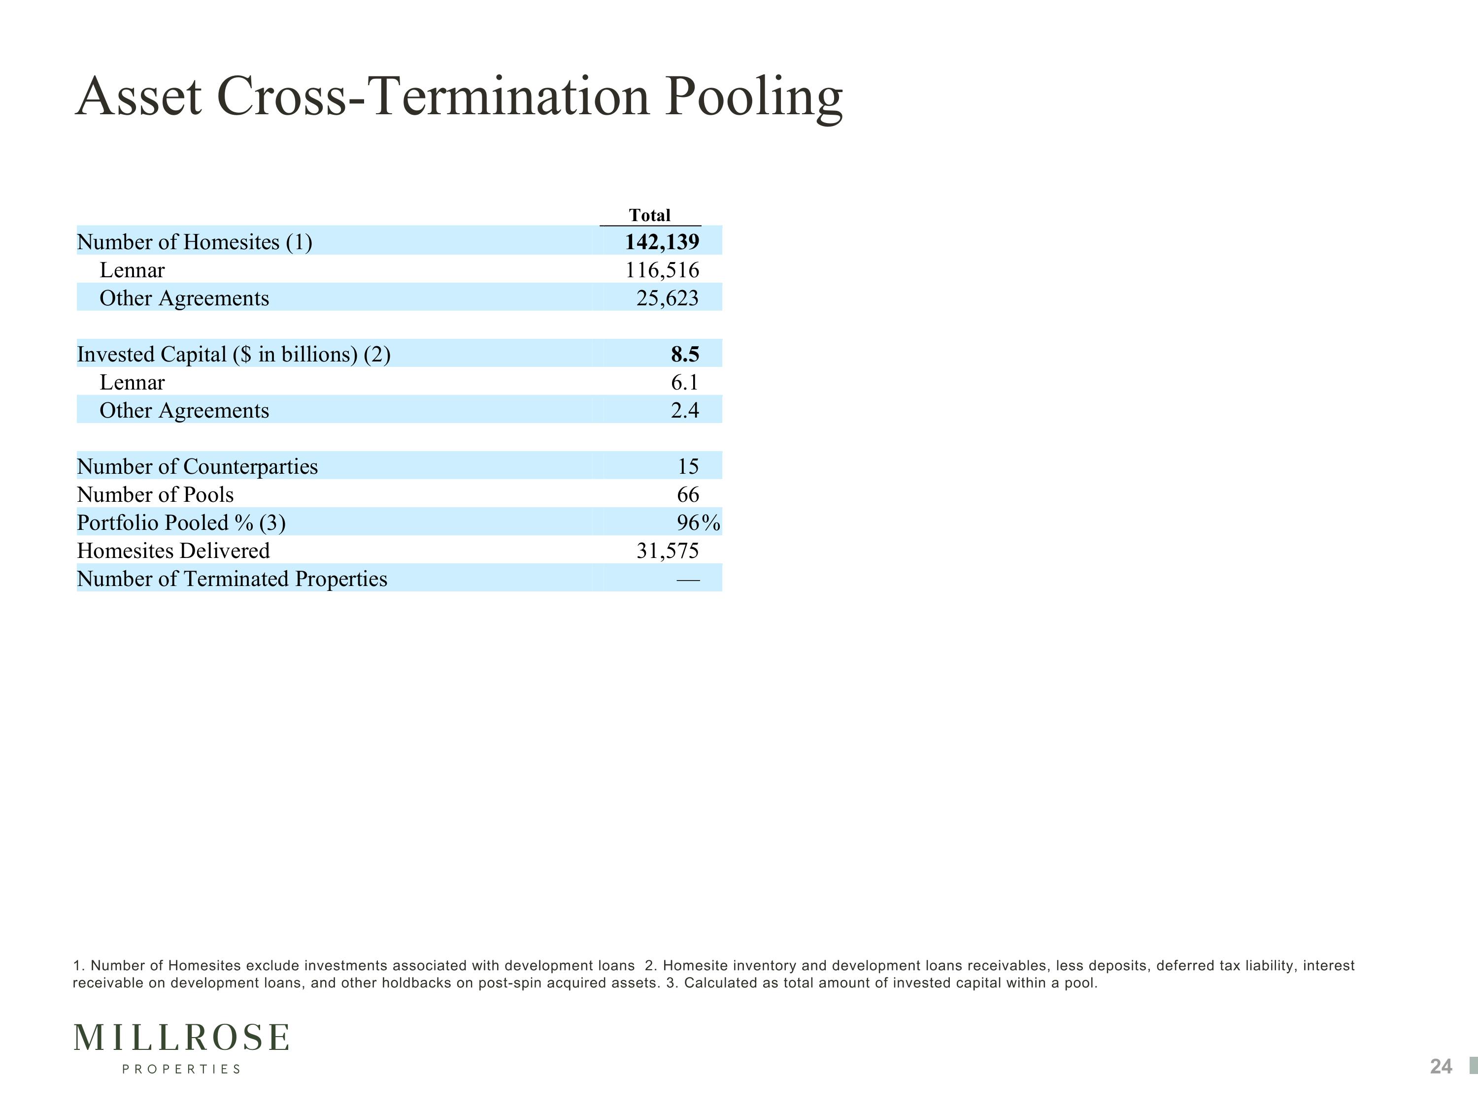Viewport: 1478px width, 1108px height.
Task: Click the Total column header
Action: point(649,215)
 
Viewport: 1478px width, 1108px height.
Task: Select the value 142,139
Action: point(662,242)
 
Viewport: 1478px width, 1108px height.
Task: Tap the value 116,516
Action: point(662,270)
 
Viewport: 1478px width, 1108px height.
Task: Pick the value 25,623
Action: point(668,298)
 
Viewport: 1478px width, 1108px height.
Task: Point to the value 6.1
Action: point(685,382)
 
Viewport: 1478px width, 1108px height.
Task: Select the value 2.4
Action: point(685,410)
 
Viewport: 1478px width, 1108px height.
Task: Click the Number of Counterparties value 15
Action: point(688,466)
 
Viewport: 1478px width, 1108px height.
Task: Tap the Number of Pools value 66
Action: point(688,494)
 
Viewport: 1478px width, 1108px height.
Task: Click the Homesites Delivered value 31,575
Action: point(668,551)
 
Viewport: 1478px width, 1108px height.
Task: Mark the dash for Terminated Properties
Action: point(688,580)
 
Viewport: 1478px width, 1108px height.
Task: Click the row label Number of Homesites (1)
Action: point(195,242)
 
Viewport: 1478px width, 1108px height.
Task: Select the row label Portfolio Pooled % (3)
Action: point(181,522)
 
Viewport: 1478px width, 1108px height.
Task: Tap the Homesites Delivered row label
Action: point(173,551)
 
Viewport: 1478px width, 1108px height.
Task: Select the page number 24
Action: point(1441,1067)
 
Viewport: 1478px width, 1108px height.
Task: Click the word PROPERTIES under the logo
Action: point(181,1069)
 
